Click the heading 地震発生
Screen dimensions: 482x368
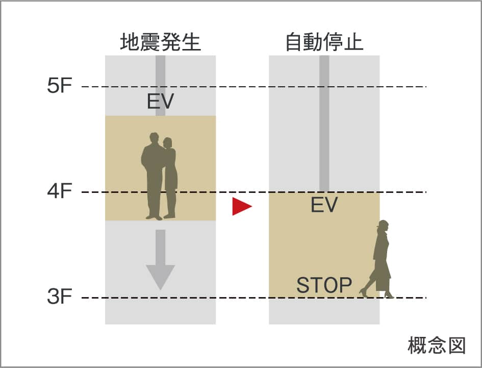pyautogui.click(x=161, y=42)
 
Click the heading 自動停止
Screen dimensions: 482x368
pyautogui.click(x=324, y=42)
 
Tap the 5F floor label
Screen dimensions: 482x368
pyautogui.click(x=60, y=85)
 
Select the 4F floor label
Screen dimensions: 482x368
pyautogui.click(x=60, y=191)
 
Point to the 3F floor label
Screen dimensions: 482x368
pyautogui.click(x=60, y=296)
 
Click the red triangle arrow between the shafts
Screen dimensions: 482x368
pyautogui.click(x=242, y=206)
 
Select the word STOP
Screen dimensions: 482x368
pyautogui.click(x=324, y=285)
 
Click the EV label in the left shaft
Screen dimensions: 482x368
pyautogui.click(x=161, y=101)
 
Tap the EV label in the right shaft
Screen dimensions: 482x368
pyautogui.click(x=324, y=205)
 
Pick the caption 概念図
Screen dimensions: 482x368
pyautogui.click(x=437, y=345)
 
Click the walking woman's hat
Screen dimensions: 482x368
pyautogui.click(x=384, y=223)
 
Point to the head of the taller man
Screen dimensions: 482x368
pyautogui.click(x=154, y=138)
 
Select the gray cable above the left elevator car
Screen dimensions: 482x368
pyautogui.click(x=161, y=86)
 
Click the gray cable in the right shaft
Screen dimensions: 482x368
pyautogui.click(x=324, y=124)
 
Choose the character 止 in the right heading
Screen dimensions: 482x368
pyautogui.click(x=354, y=42)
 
